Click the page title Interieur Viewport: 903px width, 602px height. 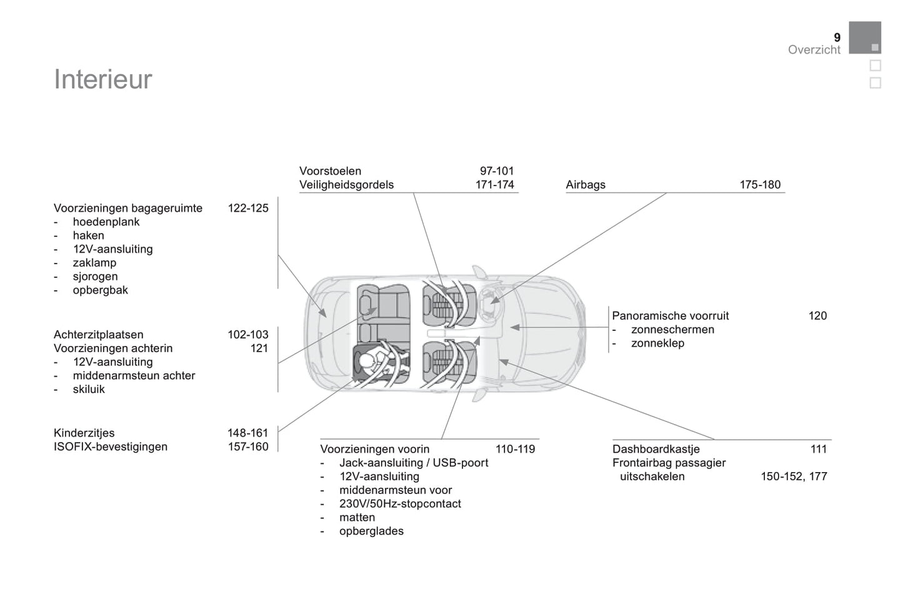click(x=103, y=80)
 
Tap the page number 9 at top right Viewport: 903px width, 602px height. click(x=837, y=37)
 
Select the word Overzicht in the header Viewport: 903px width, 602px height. click(x=814, y=50)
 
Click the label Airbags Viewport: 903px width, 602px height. click(x=586, y=185)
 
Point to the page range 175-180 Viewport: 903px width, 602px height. click(x=760, y=185)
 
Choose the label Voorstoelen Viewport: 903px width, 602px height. click(x=330, y=171)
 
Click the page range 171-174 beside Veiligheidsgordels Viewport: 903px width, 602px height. click(x=494, y=185)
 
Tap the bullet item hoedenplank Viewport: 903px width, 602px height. click(x=106, y=222)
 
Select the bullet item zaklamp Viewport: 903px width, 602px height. click(x=94, y=263)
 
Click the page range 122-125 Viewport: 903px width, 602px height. click(x=248, y=208)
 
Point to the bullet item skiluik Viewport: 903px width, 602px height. click(x=89, y=389)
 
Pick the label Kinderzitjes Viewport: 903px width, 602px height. click(x=84, y=433)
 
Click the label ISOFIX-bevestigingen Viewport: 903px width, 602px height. click(x=111, y=447)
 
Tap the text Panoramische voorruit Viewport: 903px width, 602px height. click(x=671, y=316)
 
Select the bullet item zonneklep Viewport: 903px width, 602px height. click(x=657, y=343)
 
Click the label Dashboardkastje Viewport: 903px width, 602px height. click(x=656, y=449)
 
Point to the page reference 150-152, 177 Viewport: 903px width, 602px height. click(x=794, y=476)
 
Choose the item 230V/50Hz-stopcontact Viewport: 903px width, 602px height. click(x=400, y=504)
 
